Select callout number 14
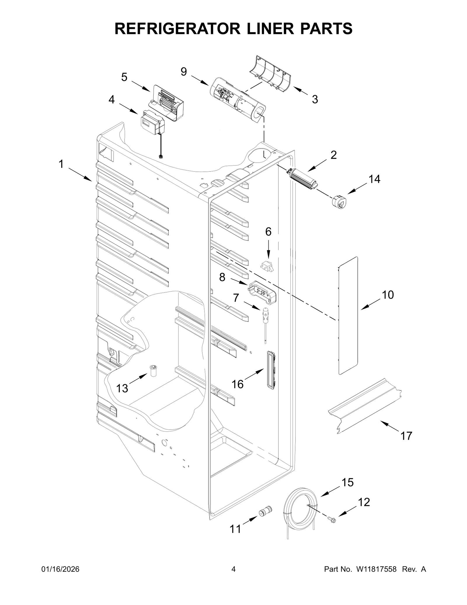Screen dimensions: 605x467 click(x=374, y=179)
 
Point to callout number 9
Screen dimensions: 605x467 click(x=184, y=72)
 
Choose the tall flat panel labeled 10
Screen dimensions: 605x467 click(x=348, y=315)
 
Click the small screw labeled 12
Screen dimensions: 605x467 click(x=332, y=519)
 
